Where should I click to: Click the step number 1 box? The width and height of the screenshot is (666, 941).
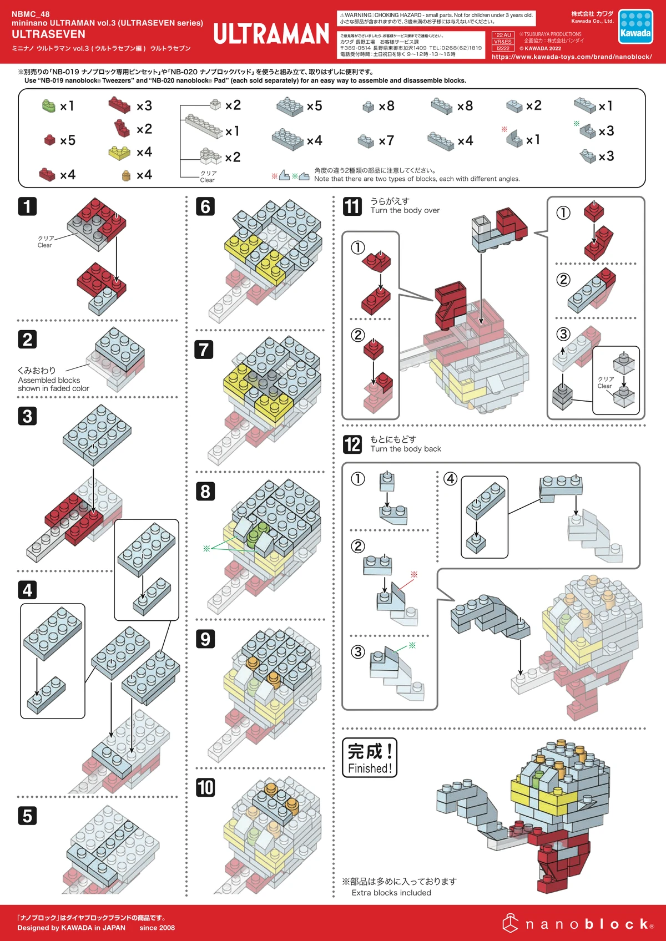(x=27, y=206)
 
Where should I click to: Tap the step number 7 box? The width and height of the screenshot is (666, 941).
(x=204, y=350)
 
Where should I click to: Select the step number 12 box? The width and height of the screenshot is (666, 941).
(x=352, y=444)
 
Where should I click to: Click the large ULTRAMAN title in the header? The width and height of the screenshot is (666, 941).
(x=271, y=34)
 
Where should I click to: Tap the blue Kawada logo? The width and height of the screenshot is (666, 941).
(x=635, y=26)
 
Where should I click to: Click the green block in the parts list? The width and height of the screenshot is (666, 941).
(x=49, y=105)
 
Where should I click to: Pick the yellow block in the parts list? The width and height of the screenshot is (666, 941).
(x=119, y=153)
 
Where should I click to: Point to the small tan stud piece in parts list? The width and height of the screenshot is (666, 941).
(x=126, y=175)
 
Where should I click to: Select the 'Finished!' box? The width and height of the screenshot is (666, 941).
(x=370, y=757)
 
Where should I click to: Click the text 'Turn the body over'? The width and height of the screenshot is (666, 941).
(x=405, y=210)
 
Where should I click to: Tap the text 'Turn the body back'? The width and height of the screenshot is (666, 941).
(x=406, y=449)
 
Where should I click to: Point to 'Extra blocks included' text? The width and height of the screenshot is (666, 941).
(x=391, y=893)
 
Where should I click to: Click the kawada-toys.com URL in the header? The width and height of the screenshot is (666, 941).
(x=572, y=57)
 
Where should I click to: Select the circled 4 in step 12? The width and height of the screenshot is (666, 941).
(x=451, y=478)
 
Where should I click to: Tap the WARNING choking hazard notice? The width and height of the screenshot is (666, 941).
(x=436, y=18)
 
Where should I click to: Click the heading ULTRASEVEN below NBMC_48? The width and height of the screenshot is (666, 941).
(x=49, y=34)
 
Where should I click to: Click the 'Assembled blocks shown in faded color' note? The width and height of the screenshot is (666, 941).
(x=53, y=384)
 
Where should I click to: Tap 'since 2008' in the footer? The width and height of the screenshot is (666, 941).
(x=157, y=928)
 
